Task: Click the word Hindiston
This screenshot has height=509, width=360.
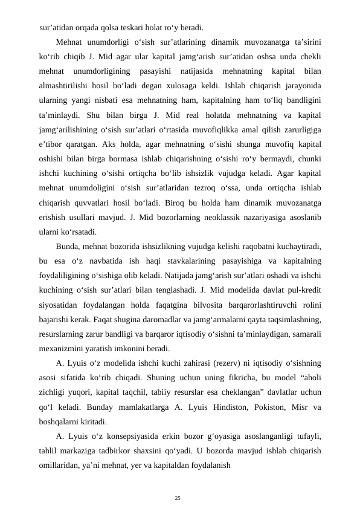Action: (x=232, y=406)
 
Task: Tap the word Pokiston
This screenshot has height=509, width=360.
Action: (x=275, y=406)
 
